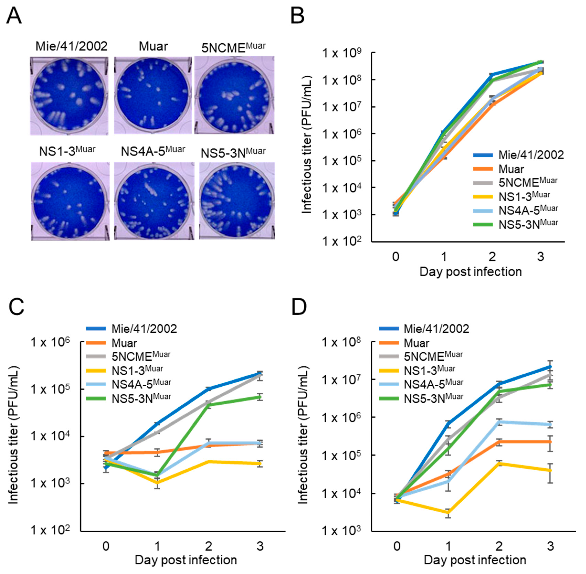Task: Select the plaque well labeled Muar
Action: (153, 95)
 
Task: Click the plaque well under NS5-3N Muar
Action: (237, 201)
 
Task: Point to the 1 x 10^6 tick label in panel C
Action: (50, 343)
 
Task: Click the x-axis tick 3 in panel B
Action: (541, 257)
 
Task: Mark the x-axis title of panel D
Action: (475, 560)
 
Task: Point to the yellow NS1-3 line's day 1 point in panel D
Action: (448, 513)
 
